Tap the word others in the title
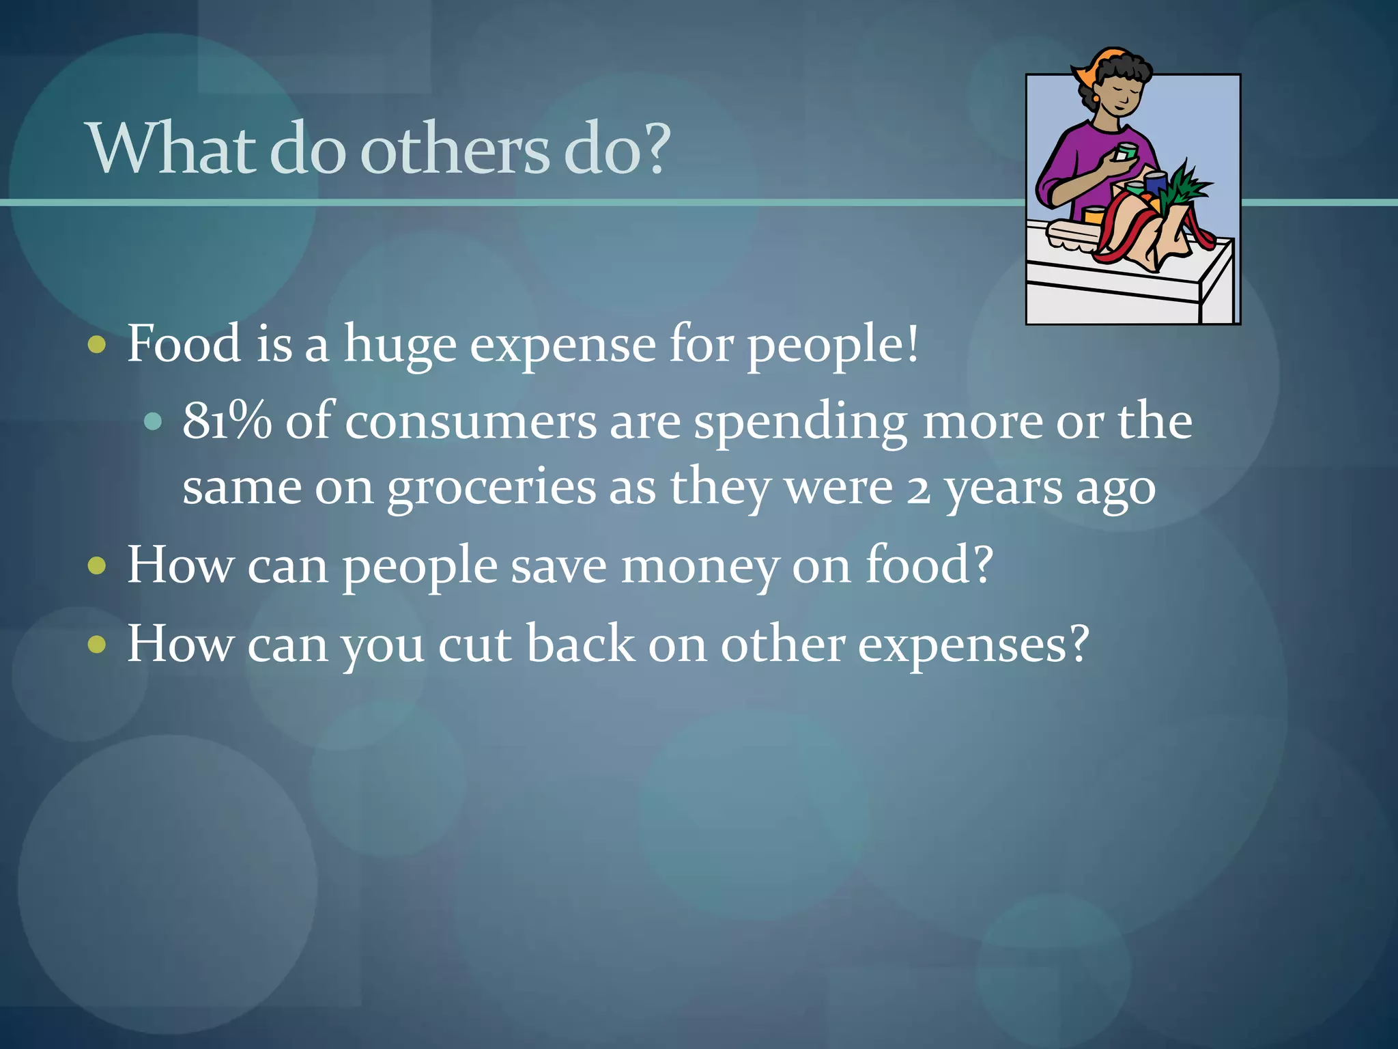click(455, 149)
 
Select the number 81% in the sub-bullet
click(226, 421)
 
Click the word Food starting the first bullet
click(184, 344)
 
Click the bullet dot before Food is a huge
click(98, 345)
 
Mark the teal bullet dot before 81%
click(154, 422)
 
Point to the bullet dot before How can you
click(98, 644)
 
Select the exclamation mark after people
click(913, 344)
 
